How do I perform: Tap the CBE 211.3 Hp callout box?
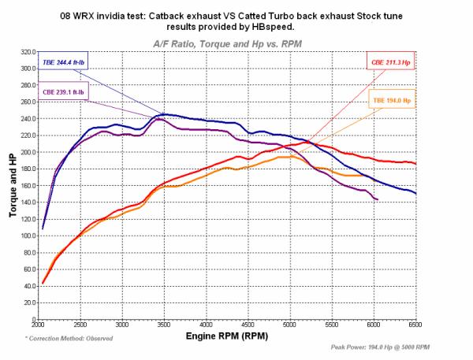(x=390, y=61)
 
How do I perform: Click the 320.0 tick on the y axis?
(x=25, y=51)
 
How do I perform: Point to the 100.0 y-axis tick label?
(x=25, y=235)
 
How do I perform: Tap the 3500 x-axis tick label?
(x=164, y=325)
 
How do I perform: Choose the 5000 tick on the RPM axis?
(x=290, y=325)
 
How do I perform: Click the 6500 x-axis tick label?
(x=415, y=325)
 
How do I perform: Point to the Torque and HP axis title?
(x=9, y=185)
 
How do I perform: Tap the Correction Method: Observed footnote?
(x=69, y=337)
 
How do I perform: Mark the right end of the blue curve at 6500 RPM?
(x=415, y=193)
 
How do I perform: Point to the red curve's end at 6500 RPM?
(x=415, y=164)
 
